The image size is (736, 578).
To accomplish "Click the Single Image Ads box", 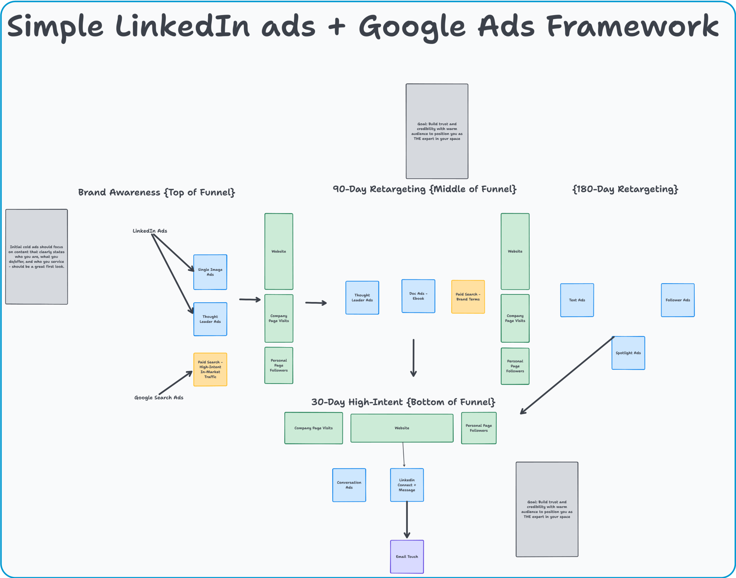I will point(210,272).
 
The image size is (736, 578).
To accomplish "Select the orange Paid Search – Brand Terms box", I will point(468,297).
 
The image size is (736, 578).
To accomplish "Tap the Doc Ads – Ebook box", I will point(418,296).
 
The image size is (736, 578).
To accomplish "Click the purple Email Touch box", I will point(407,557).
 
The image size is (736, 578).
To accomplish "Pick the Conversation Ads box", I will point(349,485).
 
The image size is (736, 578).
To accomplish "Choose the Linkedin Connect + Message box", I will point(407,485).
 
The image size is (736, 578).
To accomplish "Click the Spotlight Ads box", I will point(628,353).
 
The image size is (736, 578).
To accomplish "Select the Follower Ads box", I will point(677,300).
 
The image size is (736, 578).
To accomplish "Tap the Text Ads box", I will point(577,300).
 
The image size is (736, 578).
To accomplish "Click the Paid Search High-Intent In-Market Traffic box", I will point(210,369).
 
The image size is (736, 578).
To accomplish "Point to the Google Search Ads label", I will point(159,397).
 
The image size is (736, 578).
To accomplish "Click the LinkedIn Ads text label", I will point(150,231).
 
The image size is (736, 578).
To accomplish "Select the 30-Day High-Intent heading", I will point(403,402).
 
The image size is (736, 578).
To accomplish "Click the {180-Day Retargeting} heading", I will point(625,189).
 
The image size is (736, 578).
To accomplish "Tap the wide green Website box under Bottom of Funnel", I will point(402,428).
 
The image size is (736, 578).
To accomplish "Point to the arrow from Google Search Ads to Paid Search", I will point(175,383).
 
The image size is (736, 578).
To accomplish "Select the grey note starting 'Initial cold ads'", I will point(36,257).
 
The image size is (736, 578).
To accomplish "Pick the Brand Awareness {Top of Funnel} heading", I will point(157,193).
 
